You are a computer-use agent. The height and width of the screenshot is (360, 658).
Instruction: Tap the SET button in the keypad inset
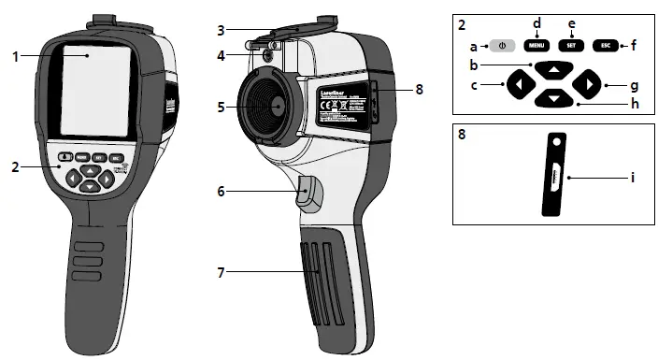(x=569, y=44)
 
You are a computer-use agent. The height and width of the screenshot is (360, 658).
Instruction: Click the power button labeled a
(x=502, y=44)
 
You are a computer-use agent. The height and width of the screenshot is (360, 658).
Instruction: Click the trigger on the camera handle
(x=309, y=194)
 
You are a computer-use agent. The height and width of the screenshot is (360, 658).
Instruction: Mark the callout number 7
(x=221, y=272)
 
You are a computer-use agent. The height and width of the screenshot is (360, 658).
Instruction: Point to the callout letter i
(x=633, y=176)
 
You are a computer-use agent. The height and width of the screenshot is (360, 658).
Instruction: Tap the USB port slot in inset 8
(x=556, y=176)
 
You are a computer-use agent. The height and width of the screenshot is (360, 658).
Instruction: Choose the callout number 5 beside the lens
(x=221, y=107)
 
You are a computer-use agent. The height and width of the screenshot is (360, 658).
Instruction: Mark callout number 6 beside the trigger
(x=221, y=191)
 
